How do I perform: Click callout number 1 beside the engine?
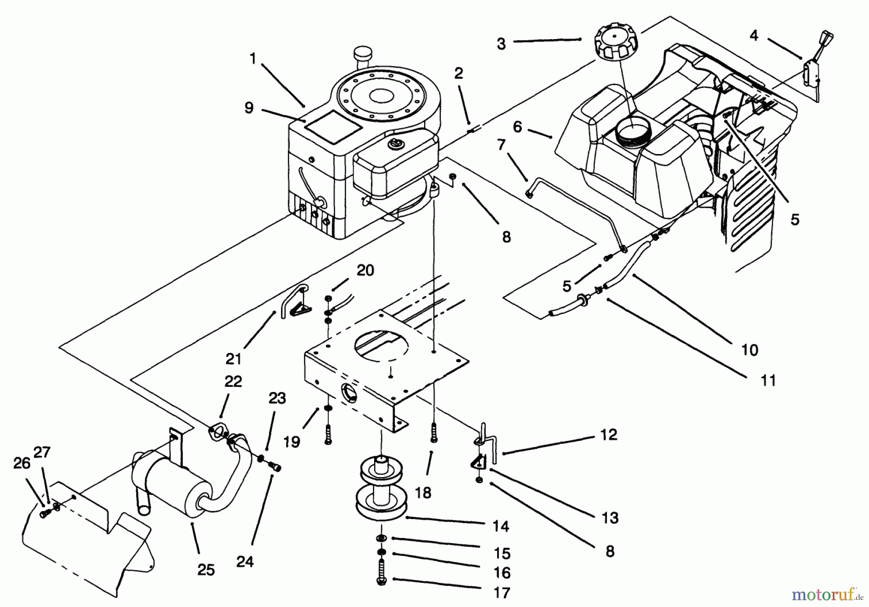pyautogui.click(x=252, y=59)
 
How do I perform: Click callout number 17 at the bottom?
pyautogui.click(x=502, y=593)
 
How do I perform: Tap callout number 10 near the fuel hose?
pyautogui.click(x=749, y=350)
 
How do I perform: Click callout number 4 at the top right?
pyautogui.click(x=754, y=35)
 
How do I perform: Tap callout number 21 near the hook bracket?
pyautogui.click(x=233, y=359)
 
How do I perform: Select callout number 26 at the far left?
pyautogui.click(x=21, y=464)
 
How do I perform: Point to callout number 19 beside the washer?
pyautogui.click(x=292, y=442)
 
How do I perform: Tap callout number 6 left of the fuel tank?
pyautogui.click(x=518, y=127)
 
